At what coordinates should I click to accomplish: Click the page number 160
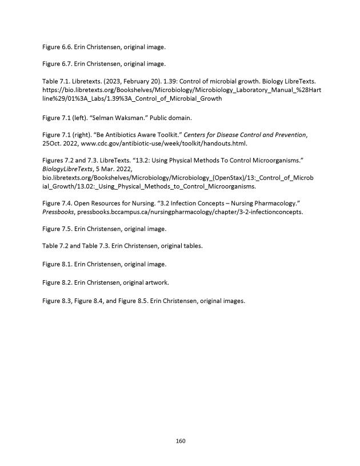[x=180, y=441]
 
